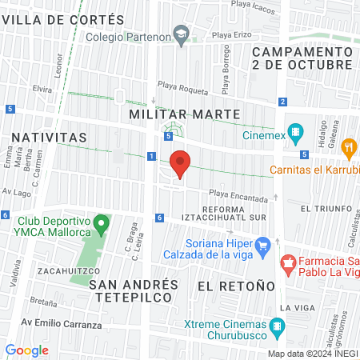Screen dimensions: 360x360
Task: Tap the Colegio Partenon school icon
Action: coord(182,33)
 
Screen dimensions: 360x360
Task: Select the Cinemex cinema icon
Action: coord(295,131)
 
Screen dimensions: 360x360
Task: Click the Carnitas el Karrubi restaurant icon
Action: coord(348,147)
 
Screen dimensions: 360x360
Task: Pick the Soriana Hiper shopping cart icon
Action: coord(262,243)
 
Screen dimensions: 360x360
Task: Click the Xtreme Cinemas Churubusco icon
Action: coord(277,325)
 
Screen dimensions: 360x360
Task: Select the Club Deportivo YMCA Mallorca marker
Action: coord(100,222)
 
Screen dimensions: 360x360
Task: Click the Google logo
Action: coord(26,350)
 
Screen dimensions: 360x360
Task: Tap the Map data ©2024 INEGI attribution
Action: coord(311,354)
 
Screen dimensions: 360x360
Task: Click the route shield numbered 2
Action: coord(283,102)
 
